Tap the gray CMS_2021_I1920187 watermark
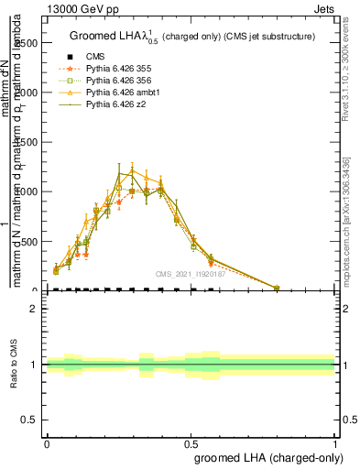(x=190, y=273)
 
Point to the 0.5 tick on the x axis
(x=191, y=442)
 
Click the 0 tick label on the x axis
(x=46, y=442)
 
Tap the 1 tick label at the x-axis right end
(x=335, y=442)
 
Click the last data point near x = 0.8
(x=278, y=288)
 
